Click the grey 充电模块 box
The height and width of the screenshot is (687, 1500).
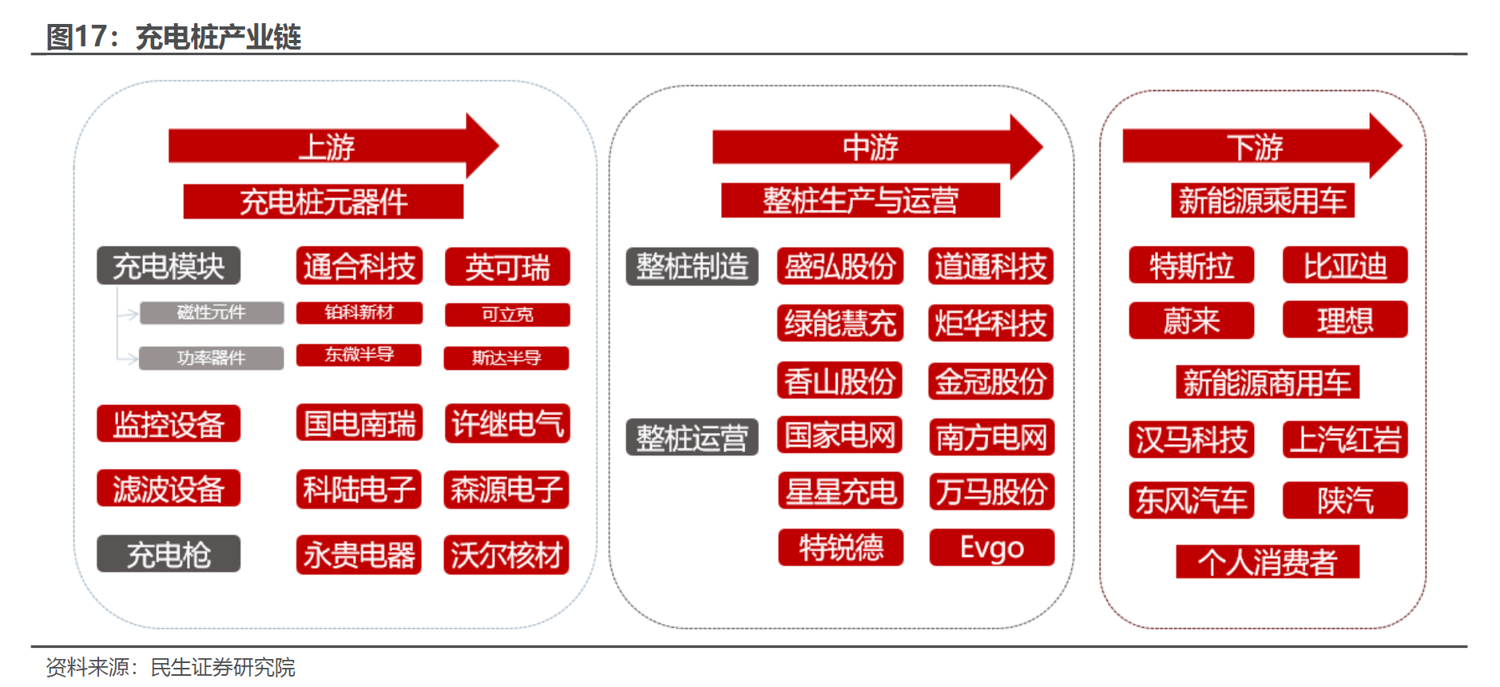tap(169, 266)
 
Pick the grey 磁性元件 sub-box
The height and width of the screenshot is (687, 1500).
tap(212, 312)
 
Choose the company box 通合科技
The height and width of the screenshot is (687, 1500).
tap(359, 266)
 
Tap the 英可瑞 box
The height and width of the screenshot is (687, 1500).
tap(507, 267)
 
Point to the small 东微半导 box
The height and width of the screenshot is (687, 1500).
tap(359, 355)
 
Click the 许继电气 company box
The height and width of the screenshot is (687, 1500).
tap(507, 423)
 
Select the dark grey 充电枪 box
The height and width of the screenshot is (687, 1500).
tap(169, 554)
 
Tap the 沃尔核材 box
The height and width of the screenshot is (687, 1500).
tap(506, 554)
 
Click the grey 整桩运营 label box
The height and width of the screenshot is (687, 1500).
tap(692, 437)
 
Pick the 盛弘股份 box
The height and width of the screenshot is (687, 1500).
tap(839, 266)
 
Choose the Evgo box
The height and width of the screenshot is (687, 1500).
tap(991, 548)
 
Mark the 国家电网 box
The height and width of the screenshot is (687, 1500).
tap(839, 435)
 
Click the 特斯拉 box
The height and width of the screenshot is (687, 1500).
tap(1191, 265)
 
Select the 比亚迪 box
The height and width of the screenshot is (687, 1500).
tap(1345, 265)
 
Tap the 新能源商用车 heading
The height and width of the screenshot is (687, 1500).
tap(1267, 382)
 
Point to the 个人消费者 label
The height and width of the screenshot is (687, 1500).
tap(1267, 562)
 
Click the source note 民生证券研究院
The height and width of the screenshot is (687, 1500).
tap(223, 667)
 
